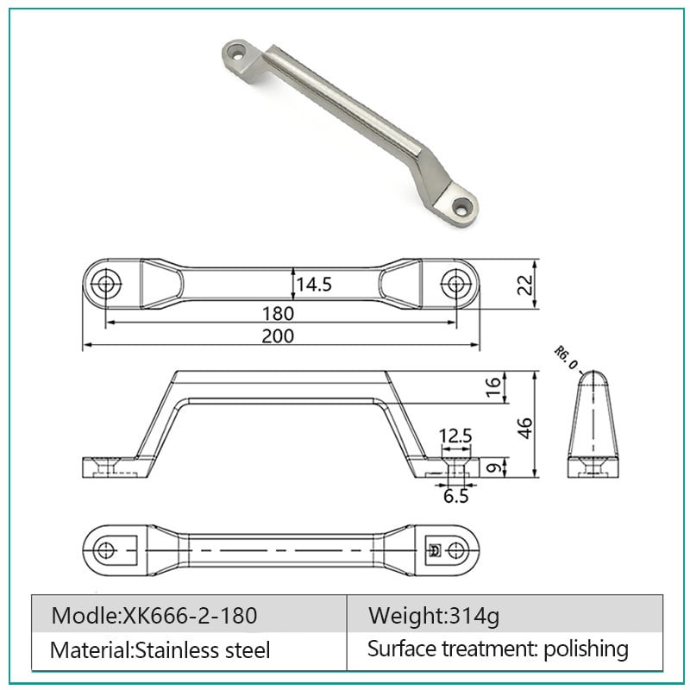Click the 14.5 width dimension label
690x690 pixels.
(314, 285)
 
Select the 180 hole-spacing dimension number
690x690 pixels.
(278, 314)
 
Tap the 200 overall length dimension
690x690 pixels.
(278, 336)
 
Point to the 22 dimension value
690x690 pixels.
(525, 285)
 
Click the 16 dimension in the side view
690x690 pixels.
(493, 386)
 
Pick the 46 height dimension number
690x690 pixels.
(524, 428)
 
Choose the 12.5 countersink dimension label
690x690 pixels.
(455, 436)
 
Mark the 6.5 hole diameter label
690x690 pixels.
(456, 496)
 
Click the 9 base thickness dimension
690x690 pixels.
(494, 467)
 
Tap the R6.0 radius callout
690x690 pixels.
(566, 358)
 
